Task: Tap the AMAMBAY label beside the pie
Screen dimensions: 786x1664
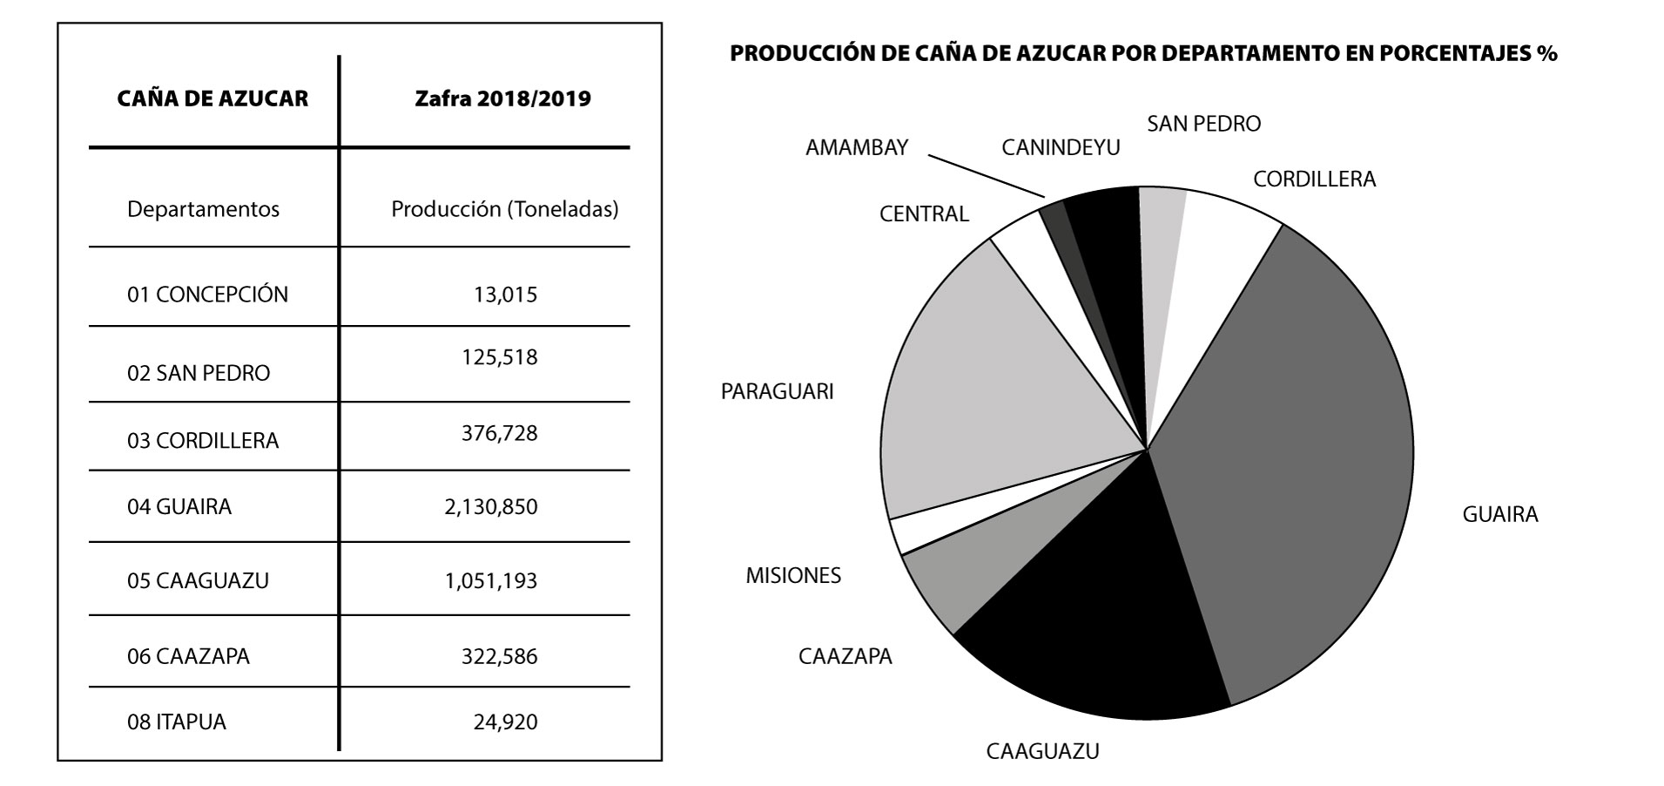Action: [856, 147]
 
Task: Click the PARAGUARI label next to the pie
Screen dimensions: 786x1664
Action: [777, 392]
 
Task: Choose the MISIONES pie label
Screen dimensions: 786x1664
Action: [793, 576]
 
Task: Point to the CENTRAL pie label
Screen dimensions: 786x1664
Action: [924, 213]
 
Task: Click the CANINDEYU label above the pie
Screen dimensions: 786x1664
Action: [1061, 147]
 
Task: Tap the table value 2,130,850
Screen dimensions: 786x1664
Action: [491, 507]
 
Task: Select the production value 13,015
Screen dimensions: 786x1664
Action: [505, 295]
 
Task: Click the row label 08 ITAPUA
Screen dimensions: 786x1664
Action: [177, 722]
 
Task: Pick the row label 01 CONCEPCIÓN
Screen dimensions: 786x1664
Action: [207, 295]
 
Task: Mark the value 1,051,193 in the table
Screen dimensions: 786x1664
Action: [491, 581]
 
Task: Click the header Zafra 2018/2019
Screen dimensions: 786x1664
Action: [502, 98]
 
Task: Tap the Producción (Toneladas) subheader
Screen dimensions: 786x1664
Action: [504, 209]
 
